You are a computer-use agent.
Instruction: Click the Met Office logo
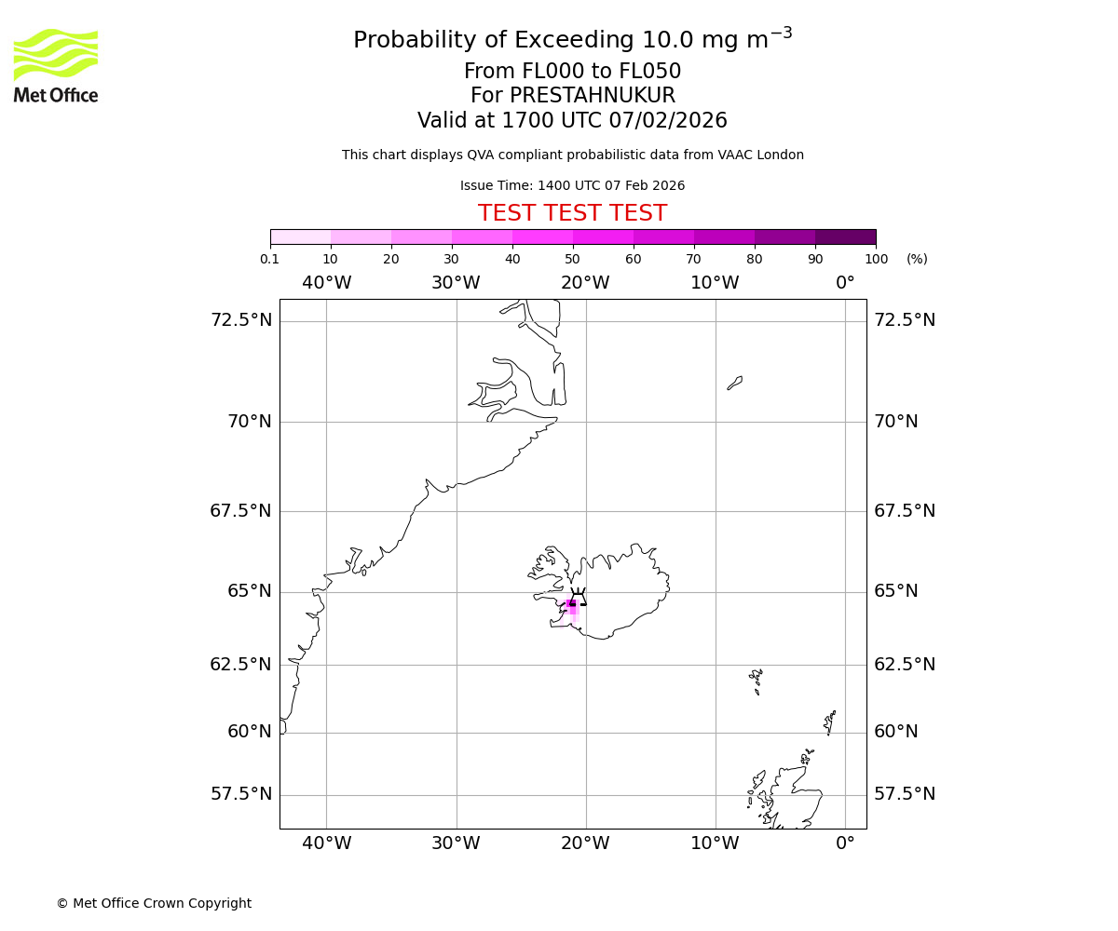pos(56,65)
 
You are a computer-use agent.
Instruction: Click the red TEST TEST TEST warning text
pos(572,214)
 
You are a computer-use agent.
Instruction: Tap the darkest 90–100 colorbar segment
pos(845,236)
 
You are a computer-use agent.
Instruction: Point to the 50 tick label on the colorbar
pos(572,259)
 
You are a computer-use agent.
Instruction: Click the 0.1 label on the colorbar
pos(269,259)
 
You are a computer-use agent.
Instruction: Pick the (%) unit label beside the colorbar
pos(917,259)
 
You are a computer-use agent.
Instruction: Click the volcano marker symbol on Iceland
pos(578,598)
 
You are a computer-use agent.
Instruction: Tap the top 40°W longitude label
pos(326,283)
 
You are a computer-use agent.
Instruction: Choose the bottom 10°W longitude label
pos(715,843)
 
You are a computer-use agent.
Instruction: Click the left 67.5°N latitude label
pos(240,511)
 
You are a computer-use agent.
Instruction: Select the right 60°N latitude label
pos(895,732)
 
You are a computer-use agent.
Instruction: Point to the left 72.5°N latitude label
pos(240,320)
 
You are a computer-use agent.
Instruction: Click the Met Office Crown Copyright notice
pos(154,903)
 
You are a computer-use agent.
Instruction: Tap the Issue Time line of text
pos(572,186)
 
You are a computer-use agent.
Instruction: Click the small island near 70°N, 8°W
pos(735,383)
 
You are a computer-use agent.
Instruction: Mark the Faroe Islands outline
pos(756,680)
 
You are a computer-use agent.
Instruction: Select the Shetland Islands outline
pos(829,722)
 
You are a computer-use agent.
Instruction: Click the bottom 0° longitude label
pos(845,843)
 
